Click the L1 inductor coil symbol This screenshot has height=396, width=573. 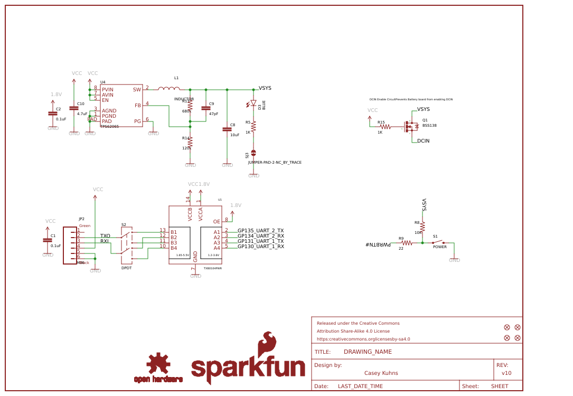[168, 89]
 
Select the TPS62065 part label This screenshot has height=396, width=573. [109, 127]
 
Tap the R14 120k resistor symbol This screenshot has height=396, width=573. [190, 143]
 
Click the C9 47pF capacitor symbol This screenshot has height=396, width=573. [206, 108]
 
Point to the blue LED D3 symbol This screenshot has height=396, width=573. [253, 103]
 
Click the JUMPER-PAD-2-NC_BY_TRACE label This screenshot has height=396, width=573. [275, 163]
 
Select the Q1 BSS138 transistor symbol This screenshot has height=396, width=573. [410, 127]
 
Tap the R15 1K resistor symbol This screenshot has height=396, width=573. [385, 127]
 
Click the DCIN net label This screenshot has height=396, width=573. [423, 141]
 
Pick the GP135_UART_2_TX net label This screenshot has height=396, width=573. [260, 231]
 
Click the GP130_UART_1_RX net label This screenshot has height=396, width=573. [260, 247]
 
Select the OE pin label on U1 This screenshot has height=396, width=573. [217, 222]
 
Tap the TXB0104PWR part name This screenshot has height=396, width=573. [212, 268]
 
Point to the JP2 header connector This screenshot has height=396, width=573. [70, 245]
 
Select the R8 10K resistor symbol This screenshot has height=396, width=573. [422, 226]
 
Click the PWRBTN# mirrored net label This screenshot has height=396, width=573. [378, 244]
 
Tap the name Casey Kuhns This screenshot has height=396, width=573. [381, 373]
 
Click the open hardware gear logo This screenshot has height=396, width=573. [158, 364]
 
